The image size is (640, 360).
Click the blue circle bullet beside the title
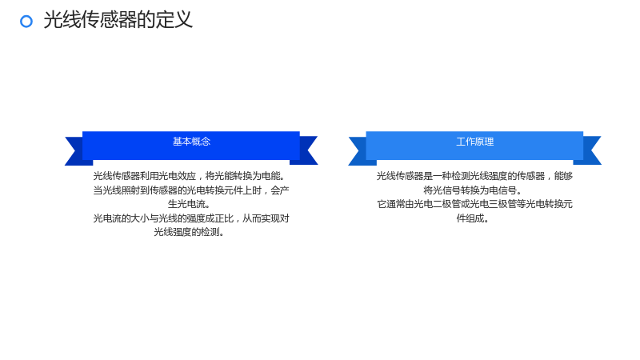point(26,22)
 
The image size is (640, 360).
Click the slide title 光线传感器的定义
point(118,19)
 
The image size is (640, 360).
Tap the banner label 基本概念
point(191,142)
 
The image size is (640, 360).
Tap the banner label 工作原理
point(474,142)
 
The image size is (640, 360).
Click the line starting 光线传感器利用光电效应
point(189,176)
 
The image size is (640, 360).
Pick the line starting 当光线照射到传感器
point(191,190)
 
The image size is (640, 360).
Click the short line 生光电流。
point(189,204)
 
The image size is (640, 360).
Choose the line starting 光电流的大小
point(191,218)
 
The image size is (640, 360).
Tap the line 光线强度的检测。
point(189,232)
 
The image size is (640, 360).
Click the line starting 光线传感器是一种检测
point(474,176)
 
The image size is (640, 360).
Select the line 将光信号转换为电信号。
point(472,190)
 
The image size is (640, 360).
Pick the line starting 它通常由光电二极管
point(474,204)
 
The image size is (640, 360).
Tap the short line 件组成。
point(472,218)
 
